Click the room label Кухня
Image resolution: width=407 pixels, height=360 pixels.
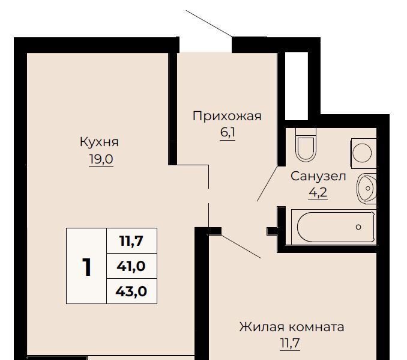click(x=99, y=142)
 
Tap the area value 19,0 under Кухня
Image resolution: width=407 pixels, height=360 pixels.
click(x=101, y=159)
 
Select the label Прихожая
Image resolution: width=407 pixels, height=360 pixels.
click(x=227, y=116)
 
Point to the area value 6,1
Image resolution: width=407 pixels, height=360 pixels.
click(x=228, y=133)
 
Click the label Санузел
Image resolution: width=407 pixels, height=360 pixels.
click(x=318, y=176)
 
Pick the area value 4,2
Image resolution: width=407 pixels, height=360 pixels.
click(x=318, y=192)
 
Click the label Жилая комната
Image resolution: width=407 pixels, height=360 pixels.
click(x=292, y=327)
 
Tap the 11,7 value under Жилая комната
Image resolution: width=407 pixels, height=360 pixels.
click(x=290, y=343)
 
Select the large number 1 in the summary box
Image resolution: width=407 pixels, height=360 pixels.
click(x=86, y=267)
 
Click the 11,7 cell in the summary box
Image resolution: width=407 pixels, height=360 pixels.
click(x=131, y=241)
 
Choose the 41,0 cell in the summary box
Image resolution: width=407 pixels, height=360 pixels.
click(x=131, y=266)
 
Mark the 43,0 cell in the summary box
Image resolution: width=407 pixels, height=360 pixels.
click(x=131, y=291)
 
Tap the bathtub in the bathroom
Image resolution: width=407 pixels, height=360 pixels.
click(x=334, y=227)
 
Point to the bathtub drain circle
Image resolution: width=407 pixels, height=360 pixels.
click(x=358, y=227)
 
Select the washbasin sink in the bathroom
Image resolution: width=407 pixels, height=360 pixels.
click(x=367, y=188)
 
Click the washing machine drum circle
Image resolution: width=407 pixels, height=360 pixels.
click(x=363, y=153)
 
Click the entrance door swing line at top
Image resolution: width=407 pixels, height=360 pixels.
click(x=209, y=23)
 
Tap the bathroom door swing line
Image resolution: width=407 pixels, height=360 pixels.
click(x=267, y=183)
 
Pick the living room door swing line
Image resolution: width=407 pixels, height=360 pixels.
click(x=241, y=246)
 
